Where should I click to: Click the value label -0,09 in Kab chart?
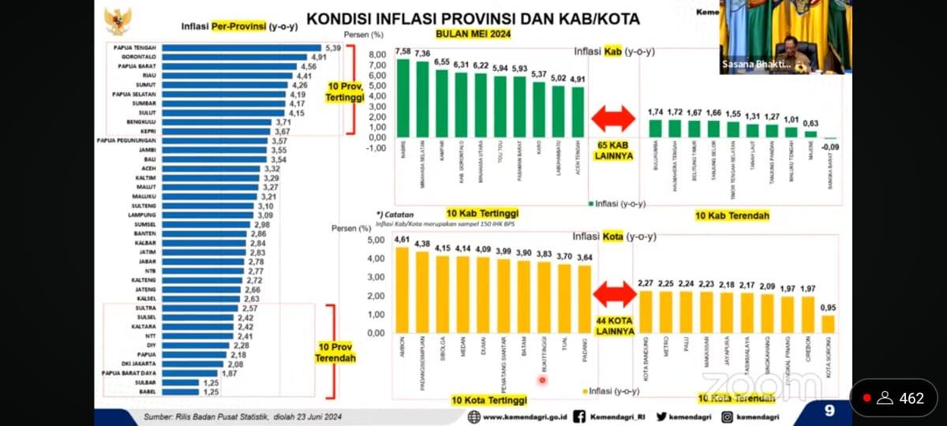click(x=829, y=146)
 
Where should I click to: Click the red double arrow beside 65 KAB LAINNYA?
click(x=613, y=118)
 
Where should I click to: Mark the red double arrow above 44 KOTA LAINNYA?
click(x=615, y=294)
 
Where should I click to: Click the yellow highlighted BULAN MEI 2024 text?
click(x=473, y=34)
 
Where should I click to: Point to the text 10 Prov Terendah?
click(x=336, y=352)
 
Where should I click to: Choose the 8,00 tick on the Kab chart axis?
click(x=376, y=54)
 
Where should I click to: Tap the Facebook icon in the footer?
click(x=580, y=417)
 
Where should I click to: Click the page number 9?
click(x=829, y=410)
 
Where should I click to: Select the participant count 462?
click(x=911, y=398)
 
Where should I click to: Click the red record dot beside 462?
click(x=867, y=398)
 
